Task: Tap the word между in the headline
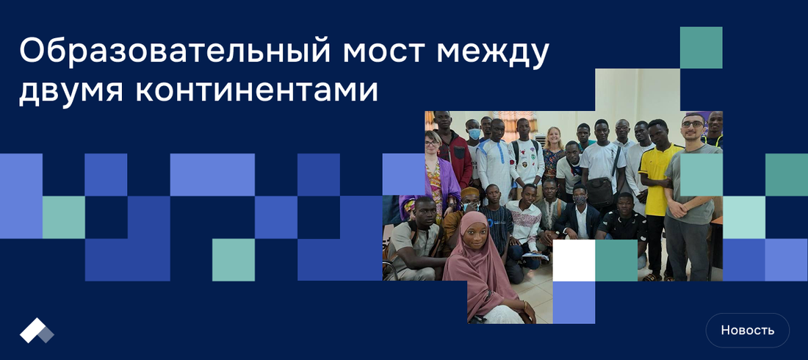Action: [494, 54]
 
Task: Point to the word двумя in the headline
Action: [72, 92]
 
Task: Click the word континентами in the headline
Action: [256, 91]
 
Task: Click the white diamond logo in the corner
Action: [37, 331]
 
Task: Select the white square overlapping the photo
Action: [574, 260]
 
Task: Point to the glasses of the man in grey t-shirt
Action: [693, 124]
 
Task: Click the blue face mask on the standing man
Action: [475, 134]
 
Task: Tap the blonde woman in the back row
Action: [553, 152]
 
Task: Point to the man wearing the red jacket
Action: [455, 150]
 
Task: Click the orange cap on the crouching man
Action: [470, 193]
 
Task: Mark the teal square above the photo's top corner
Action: [701, 48]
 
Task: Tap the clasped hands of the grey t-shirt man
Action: [679, 209]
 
